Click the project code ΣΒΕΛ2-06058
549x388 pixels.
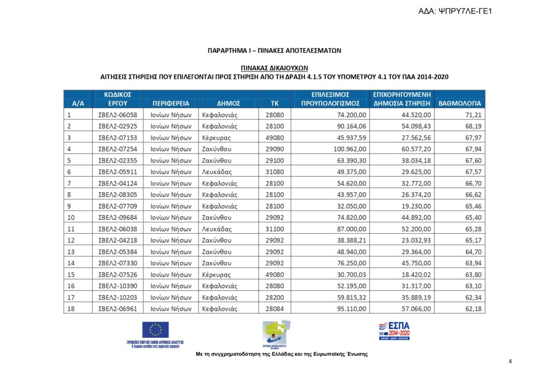pyautogui.click(x=118, y=115)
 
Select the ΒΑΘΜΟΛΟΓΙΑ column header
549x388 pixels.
pyautogui.click(x=459, y=103)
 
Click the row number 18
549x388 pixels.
pyautogui.click(x=69, y=308)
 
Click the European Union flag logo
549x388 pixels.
pyautogui.click(x=155, y=330)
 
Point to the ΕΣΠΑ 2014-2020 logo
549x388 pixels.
pyautogui.click(x=394, y=330)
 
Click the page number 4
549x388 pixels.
pyautogui.click(x=510, y=362)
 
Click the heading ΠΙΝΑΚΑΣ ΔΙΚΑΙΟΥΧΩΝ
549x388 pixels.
pyautogui.click(x=274, y=68)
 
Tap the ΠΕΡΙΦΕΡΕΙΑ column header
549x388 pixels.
pyautogui.click(x=170, y=103)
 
